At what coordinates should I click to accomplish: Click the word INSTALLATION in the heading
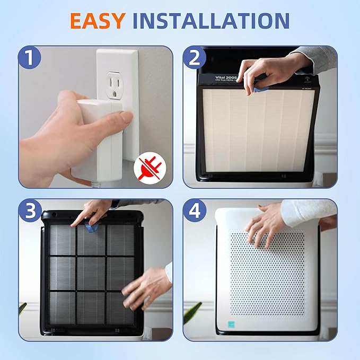click(211, 21)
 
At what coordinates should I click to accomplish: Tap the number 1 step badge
click(30, 57)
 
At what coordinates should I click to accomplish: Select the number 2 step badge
click(195, 57)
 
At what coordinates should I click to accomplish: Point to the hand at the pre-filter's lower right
click(146, 286)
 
